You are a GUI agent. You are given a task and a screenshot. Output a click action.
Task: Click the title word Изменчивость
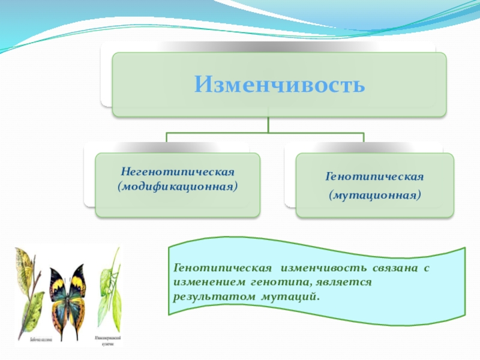click(x=279, y=84)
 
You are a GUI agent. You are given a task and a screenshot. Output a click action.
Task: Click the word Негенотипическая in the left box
click(x=177, y=173)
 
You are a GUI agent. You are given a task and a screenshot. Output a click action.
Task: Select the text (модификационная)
click(x=177, y=186)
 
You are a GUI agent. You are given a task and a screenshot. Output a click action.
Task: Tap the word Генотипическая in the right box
click(x=374, y=178)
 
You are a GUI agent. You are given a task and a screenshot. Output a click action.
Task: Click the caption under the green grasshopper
click(x=108, y=340)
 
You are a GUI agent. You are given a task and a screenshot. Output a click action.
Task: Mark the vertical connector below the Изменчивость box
click(x=268, y=124)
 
